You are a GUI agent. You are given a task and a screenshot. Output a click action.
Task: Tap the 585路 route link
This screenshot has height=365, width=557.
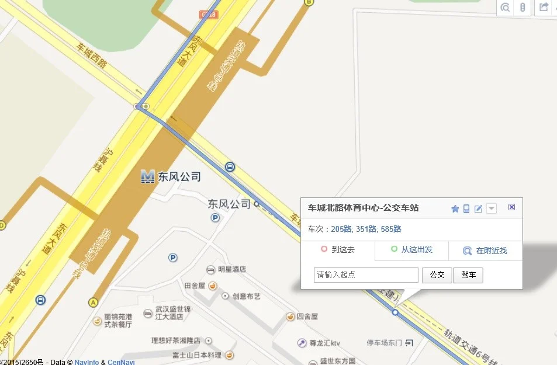pyautogui.click(x=390, y=229)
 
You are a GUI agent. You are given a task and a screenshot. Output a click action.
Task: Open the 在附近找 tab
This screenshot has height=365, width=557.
pyautogui.click(x=485, y=251)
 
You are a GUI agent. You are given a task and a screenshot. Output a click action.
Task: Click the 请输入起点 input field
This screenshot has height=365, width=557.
pyautogui.click(x=366, y=274)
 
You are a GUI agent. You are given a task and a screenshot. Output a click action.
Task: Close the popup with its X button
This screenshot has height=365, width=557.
pyautogui.click(x=512, y=207)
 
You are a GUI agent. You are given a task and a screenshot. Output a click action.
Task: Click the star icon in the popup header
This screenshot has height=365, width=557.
pyautogui.click(x=455, y=208)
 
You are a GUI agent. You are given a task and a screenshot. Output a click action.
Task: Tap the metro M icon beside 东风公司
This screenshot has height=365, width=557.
pyautogui.click(x=148, y=176)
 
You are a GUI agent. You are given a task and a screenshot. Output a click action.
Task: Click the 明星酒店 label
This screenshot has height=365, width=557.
pyautogui.click(x=232, y=269)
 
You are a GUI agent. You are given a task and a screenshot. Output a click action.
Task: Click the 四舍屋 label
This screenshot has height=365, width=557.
pyautogui.click(x=307, y=316)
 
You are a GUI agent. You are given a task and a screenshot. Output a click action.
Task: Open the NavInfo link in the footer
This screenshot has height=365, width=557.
pyautogui.click(x=87, y=362)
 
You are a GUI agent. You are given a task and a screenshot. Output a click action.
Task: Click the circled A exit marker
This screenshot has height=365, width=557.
pyautogui.click(x=92, y=302)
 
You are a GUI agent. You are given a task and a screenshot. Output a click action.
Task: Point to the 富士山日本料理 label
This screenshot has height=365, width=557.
pyautogui.click(x=197, y=355)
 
